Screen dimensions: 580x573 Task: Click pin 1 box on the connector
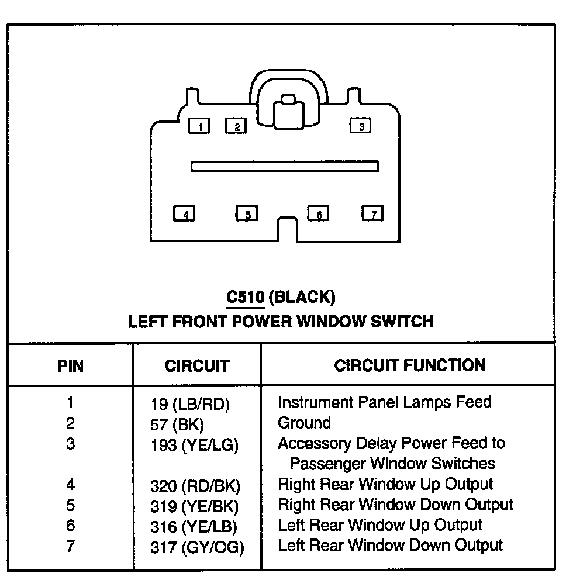click(x=199, y=126)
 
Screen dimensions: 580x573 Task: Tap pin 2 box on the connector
click(x=236, y=126)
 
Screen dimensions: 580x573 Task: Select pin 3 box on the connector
click(x=361, y=126)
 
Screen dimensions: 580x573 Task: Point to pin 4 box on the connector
click(x=185, y=214)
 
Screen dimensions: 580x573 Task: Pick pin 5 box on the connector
click(x=247, y=214)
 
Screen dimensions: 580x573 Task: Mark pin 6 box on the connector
click(x=319, y=214)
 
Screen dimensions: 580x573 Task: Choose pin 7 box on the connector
click(x=372, y=213)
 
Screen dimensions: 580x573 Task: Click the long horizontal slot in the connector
click(x=284, y=167)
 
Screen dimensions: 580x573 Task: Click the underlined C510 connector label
click(x=246, y=298)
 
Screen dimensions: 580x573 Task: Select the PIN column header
click(x=71, y=366)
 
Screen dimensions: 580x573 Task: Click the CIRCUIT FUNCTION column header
click(x=410, y=365)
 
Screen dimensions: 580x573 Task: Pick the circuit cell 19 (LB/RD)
click(x=190, y=404)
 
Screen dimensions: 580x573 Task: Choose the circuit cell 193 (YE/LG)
click(x=194, y=446)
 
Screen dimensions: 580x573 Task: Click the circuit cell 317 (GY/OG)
click(x=197, y=547)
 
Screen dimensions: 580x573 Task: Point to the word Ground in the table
click(x=304, y=423)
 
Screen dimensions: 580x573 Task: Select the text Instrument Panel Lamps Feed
click(x=384, y=402)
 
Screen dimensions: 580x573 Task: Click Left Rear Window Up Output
click(x=380, y=525)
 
